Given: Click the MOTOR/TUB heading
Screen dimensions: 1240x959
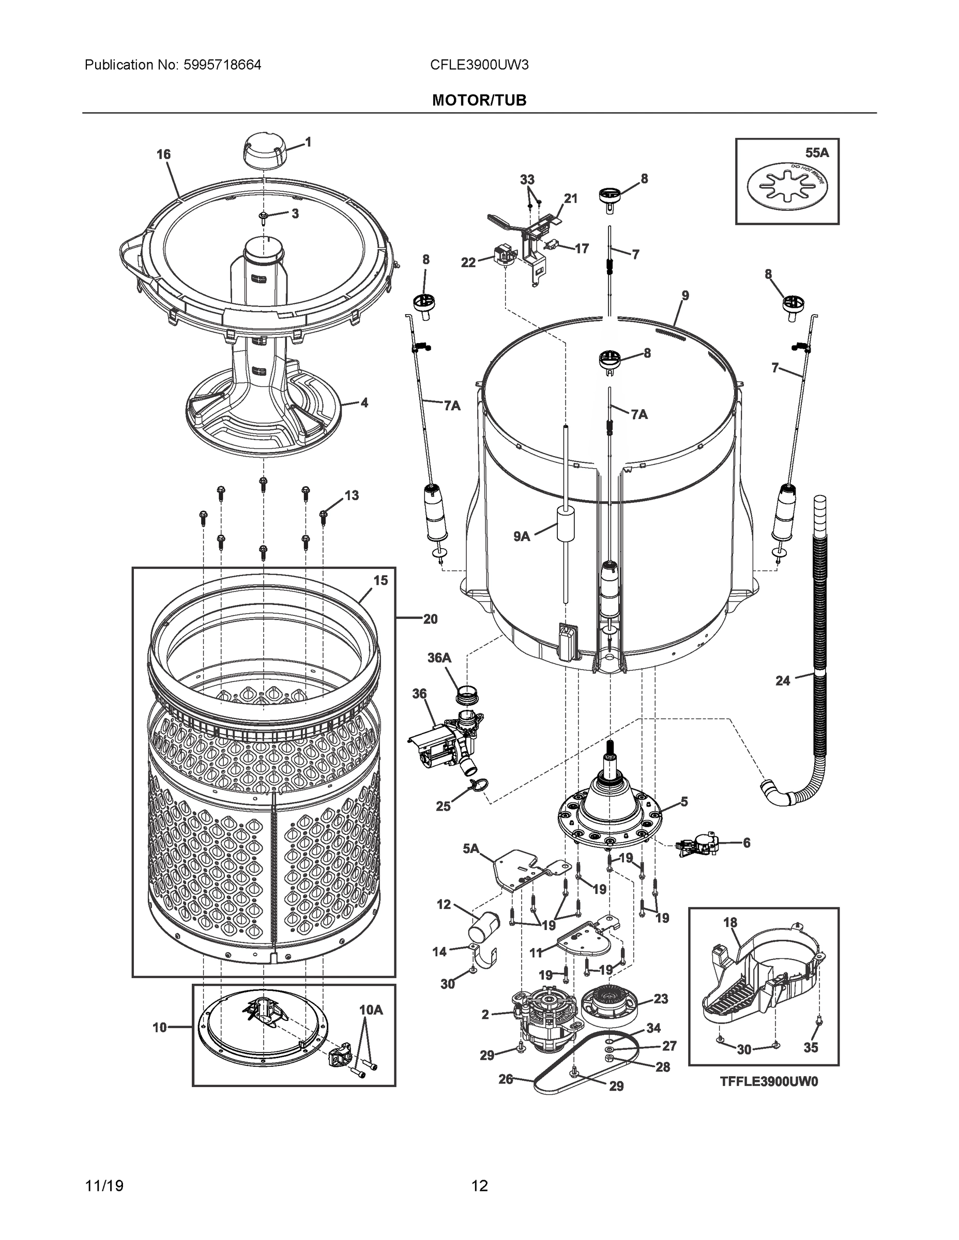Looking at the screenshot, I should pyautogui.click(x=479, y=101).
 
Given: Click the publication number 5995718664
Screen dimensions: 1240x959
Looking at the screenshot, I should pyautogui.click(x=222, y=65).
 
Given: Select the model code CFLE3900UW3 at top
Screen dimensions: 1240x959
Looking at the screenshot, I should pyautogui.click(x=479, y=65).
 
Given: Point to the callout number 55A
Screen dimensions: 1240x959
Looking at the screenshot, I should pyautogui.click(x=817, y=153).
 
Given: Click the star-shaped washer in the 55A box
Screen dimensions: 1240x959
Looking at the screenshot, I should pyautogui.click(x=787, y=184).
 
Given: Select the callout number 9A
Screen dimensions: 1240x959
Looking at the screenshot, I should pyautogui.click(x=522, y=536).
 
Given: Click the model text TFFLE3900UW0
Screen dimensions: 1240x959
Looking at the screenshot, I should pyautogui.click(x=769, y=1081).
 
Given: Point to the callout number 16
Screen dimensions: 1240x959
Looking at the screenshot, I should pyautogui.click(x=163, y=154).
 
